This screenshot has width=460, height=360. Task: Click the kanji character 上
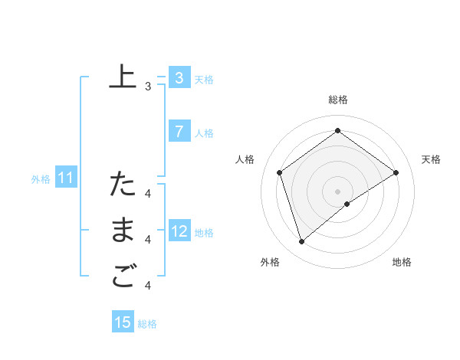click(x=122, y=77)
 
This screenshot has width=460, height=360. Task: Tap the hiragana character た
click(x=122, y=184)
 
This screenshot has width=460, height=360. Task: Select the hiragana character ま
click(x=122, y=231)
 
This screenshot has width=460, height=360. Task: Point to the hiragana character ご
click(x=122, y=277)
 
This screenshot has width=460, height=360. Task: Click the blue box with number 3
click(x=179, y=77)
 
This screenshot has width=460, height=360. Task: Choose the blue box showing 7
click(x=179, y=132)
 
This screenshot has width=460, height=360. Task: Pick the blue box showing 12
click(x=179, y=231)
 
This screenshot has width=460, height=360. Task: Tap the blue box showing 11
click(x=65, y=178)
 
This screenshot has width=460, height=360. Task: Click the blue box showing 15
click(x=123, y=322)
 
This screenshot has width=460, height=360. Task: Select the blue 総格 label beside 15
click(x=147, y=324)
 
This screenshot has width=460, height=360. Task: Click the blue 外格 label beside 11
click(x=41, y=179)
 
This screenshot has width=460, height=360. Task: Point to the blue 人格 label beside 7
click(x=204, y=133)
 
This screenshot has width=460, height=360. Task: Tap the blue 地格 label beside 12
click(x=204, y=233)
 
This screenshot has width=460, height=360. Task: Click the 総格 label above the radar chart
click(x=337, y=100)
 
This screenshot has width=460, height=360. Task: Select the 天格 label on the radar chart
click(x=431, y=159)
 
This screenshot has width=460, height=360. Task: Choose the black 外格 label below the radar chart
click(x=270, y=262)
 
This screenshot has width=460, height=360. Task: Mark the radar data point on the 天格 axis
click(x=396, y=172)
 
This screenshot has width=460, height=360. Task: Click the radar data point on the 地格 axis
click(x=347, y=204)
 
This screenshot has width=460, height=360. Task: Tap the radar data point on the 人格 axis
click(x=280, y=172)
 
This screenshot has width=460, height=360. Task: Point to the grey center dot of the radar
click(x=337, y=191)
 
